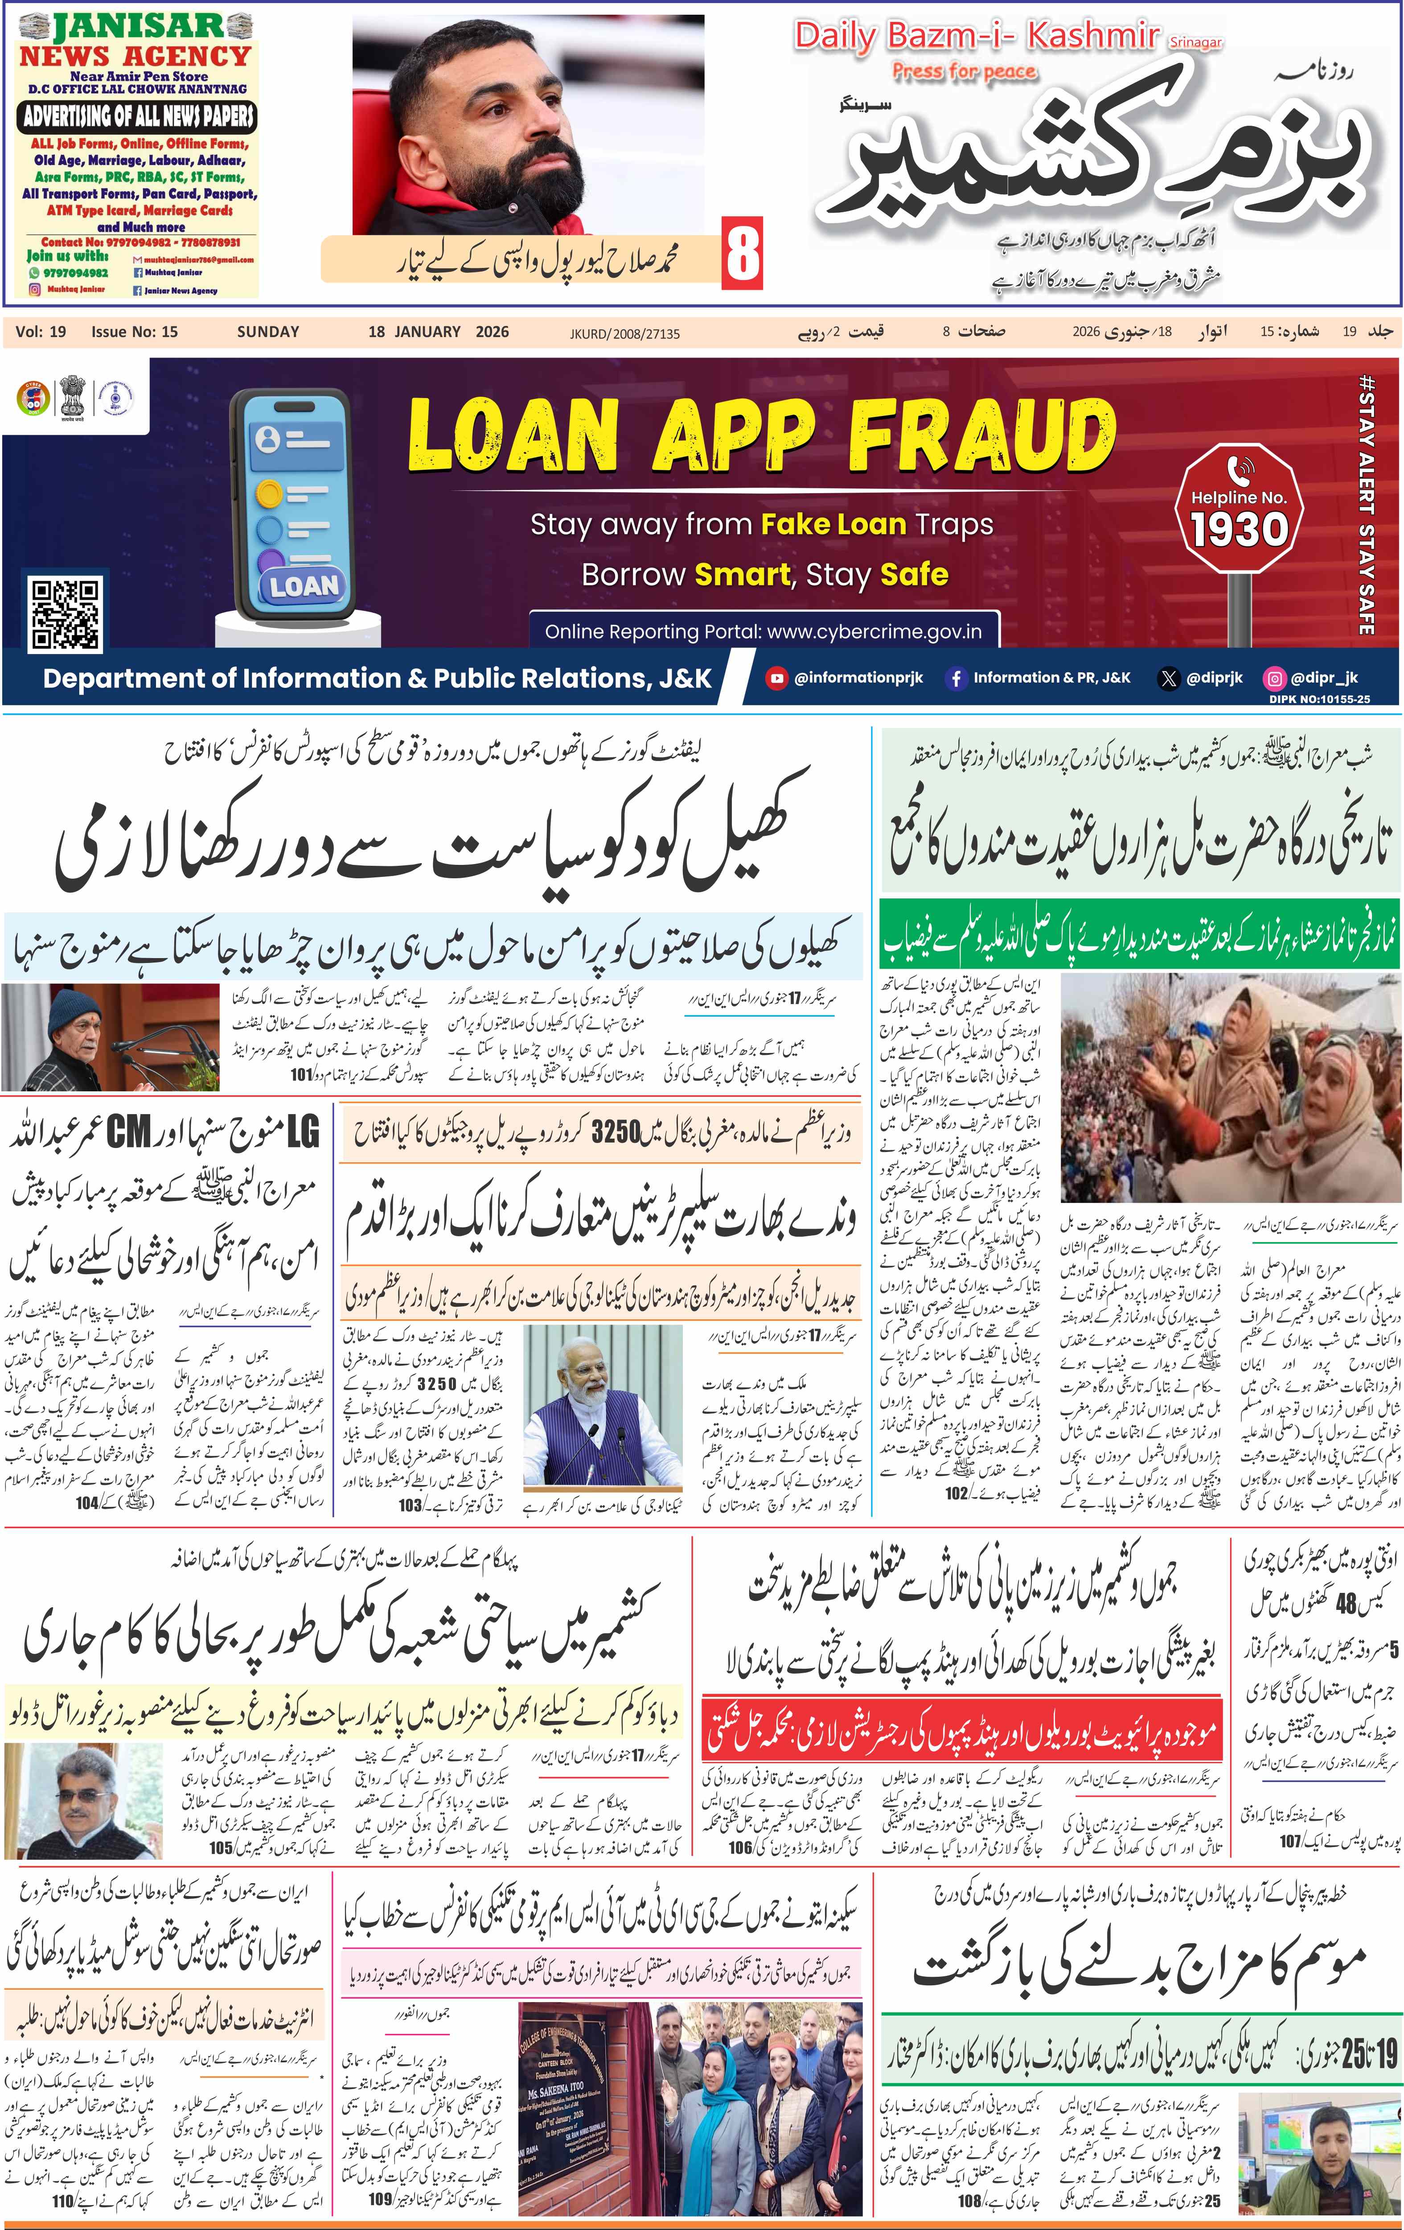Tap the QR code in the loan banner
(65, 613)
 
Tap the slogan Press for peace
(963, 71)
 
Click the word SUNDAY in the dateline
(267, 332)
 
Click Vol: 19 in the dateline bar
(41, 332)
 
